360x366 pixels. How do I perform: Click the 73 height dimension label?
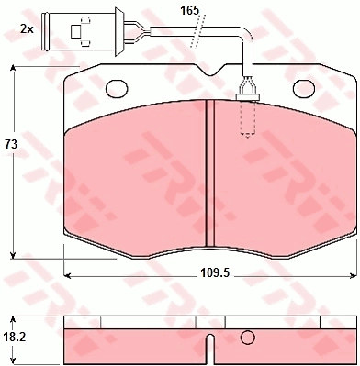11,144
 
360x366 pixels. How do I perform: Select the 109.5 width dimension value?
215,272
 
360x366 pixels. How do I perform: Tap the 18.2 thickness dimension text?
15,338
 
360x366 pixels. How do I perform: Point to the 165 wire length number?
189,11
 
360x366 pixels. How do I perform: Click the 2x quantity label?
27,29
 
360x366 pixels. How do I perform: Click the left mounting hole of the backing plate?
117,88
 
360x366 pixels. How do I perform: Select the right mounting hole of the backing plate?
304,88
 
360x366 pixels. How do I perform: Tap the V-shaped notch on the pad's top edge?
210,70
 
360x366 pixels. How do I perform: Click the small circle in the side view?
248,338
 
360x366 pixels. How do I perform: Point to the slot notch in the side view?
210,349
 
